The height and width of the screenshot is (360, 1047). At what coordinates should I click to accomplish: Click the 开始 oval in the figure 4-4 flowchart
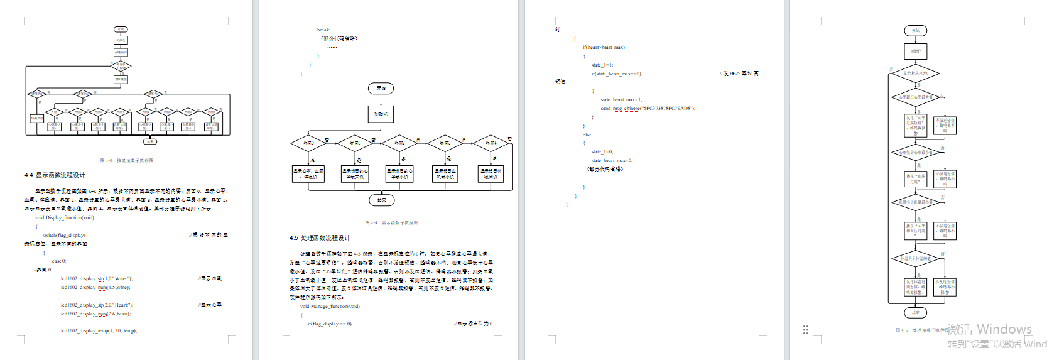tap(381, 89)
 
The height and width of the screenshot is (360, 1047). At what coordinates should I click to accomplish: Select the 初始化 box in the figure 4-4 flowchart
tap(381, 114)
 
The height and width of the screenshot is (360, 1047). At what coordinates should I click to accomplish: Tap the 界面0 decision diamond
tap(308, 143)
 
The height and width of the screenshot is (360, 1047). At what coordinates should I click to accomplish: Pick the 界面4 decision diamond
tap(491, 143)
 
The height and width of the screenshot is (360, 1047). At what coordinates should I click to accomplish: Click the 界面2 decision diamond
tap(399, 143)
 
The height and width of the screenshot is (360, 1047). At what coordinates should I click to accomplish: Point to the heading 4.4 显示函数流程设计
tap(55, 175)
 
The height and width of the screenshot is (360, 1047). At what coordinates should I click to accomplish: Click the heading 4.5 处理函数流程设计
tap(320, 238)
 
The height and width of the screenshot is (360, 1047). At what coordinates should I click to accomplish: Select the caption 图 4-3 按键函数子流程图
tap(126, 161)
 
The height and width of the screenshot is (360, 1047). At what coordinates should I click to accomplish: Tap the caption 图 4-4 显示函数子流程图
tap(391, 223)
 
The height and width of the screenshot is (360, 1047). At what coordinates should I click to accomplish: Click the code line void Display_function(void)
tap(65, 218)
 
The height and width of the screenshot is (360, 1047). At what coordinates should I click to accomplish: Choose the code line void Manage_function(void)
tap(330, 307)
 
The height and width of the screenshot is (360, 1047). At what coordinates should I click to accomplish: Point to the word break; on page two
tap(323, 30)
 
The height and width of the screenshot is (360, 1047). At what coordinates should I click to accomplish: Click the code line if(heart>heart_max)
tap(604, 48)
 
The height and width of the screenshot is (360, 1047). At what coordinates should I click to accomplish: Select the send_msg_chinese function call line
tap(648, 109)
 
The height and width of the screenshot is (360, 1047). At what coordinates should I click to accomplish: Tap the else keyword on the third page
tap(587, 135)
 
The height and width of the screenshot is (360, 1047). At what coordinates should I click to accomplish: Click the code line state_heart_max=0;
tap(612, 161)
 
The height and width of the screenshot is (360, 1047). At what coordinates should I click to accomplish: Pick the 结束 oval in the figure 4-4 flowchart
tap(381, 200)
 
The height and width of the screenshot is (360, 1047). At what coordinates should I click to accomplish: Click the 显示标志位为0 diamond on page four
tap(915, 74)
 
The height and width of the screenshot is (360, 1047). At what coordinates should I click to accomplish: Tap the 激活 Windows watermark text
tap(989, 329)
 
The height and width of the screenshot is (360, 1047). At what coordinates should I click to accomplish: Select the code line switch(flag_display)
tap(63, 236)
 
